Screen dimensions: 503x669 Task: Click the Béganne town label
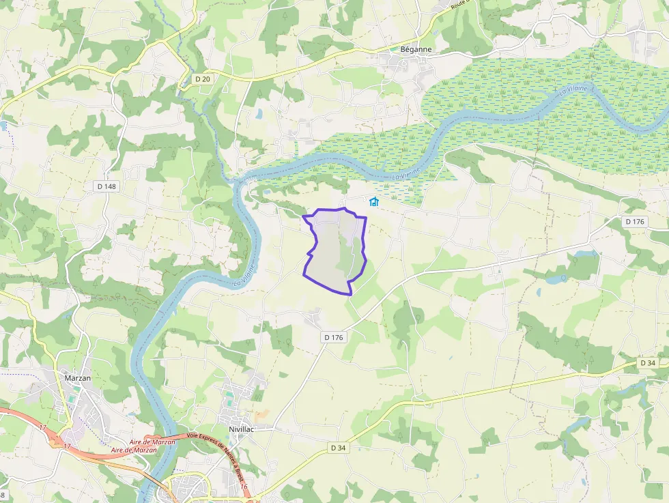(x=416, y=50)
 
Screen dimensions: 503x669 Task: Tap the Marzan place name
(x=77, y=377)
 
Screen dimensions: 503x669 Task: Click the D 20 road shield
(x=203, y=79)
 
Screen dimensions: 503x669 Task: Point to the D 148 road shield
(x=106, y=186)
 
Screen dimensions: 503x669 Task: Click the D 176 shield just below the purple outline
(x=334, y=337)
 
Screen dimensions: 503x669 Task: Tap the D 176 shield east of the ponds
(x=634, y=221)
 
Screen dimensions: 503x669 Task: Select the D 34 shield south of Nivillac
(x=339, y=448)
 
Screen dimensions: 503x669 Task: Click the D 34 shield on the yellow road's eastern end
(x=648, y=363)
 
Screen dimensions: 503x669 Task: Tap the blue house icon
(x=373, y=201)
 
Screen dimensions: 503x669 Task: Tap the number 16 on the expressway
(x=244, y=486)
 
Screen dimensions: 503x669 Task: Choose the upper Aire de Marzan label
(x=152, y=442)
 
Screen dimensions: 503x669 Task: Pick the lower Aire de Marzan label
(x=134, y=450)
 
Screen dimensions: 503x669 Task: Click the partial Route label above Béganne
(x=459, y=5)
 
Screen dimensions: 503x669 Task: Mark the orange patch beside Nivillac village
(x=262, y=414)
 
